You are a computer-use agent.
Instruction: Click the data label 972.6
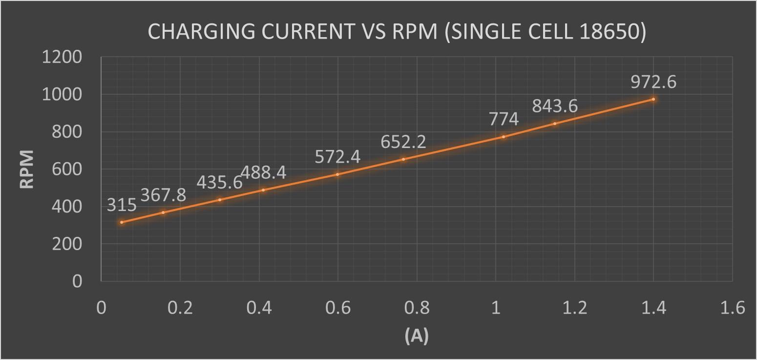[653, 82]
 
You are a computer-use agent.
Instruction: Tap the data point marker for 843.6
[555, 124]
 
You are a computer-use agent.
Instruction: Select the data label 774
[503, 119]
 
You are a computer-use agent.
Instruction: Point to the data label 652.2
[403, 142]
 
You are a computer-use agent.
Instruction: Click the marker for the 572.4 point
[337, 174]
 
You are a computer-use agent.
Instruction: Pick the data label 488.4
[263, 173]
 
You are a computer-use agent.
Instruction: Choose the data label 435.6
[219, 182]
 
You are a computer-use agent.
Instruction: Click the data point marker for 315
[122, 222]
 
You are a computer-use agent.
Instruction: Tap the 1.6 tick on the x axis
[732, 309]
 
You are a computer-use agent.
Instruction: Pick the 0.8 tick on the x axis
[417, 309]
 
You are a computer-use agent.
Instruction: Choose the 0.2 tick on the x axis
[180, 309]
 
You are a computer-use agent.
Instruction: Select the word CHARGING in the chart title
[201, 32]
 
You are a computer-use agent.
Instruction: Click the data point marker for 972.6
[653, 99]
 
